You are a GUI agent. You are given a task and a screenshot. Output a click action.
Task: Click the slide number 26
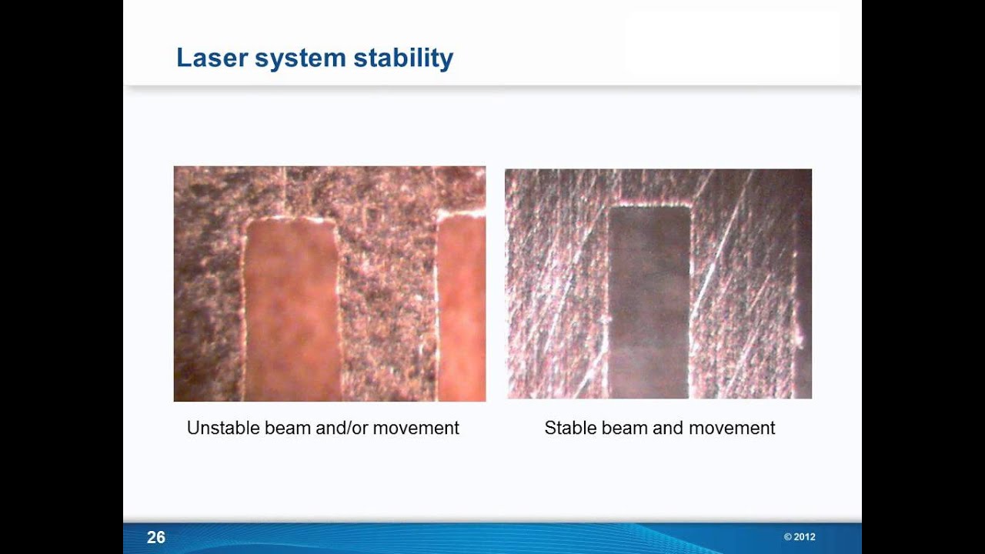point(155,537)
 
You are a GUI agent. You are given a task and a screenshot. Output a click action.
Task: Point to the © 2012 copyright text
point(800,537)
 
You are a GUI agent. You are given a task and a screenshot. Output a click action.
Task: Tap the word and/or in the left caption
point(342,428)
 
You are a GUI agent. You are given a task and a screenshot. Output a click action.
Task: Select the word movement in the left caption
point(416,428)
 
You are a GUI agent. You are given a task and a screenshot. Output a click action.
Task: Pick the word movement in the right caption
point(733,428)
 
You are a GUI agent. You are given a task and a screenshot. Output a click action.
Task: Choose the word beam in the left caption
point(288,428)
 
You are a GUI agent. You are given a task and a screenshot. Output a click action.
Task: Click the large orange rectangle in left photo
point(292,308)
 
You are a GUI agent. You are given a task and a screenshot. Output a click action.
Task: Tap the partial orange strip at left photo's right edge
point(462,308)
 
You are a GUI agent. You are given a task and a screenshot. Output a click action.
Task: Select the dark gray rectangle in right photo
point(649,300)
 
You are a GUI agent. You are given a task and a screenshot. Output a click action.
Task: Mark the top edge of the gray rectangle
point(649,206)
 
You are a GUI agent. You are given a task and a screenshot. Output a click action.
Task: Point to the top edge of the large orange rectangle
point(291,220)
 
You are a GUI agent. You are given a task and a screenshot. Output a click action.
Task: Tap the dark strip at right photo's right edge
point(803,308)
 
